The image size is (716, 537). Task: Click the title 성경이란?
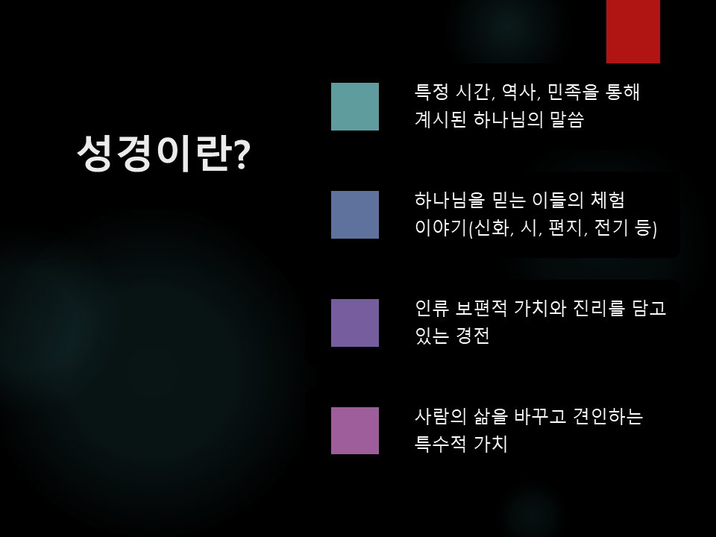pos(163,153)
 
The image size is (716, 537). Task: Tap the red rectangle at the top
pos(633,31)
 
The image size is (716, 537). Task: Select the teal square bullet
pos(355,107)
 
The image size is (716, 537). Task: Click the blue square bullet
pos(355,215)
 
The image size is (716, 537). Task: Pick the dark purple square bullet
pos(355,323)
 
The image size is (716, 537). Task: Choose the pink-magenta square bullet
pos(355,430)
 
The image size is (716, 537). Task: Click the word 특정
pos(431,92)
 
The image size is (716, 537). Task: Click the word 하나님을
pos(449,200)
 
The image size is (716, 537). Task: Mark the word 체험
pos(607,200)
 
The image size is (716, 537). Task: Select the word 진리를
pos(599,308)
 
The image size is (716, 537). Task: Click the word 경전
pos(473,336)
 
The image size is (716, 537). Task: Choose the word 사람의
pos(441,416)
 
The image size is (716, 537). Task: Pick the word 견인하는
pos(608,416)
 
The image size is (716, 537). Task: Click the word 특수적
pos(441,443)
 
